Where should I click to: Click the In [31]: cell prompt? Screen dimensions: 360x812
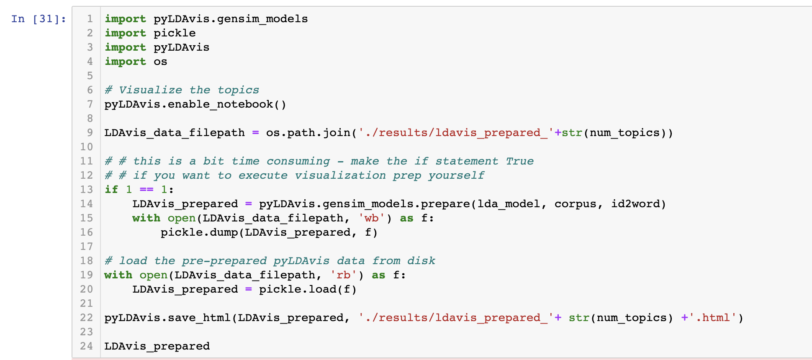pos(39,19)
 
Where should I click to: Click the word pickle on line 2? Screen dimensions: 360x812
pos(175,33)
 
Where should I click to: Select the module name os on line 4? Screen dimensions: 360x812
pos(160,62)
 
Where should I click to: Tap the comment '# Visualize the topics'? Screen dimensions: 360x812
pos(182,90)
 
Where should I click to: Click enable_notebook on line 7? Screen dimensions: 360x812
pos(220,105)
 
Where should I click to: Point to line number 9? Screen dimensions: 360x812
pos(90,133)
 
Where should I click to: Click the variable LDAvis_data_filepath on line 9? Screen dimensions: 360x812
pos(175,133)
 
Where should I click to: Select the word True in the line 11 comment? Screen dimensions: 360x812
pos(519,162)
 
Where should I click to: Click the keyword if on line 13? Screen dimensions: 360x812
pos(111,190)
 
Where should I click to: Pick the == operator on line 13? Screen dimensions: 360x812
pos(146,190)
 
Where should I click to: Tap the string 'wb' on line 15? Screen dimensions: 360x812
pos(372,219)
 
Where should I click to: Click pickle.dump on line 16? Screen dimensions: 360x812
pos(199,233)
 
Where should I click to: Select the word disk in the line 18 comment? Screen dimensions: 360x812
pos(421,261)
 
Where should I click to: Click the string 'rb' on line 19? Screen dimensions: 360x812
pos(344,275)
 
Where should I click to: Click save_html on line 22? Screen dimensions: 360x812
pos(199,318)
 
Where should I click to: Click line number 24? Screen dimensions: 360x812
pos(87,347)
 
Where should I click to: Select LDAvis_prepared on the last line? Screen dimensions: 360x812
pos(157,347)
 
